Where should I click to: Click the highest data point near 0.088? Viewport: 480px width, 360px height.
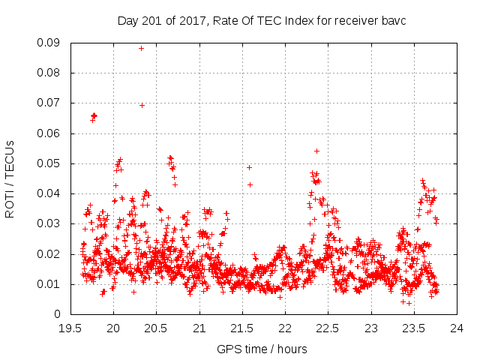tap(141, 48)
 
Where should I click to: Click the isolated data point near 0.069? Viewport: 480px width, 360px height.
tap(142, 105)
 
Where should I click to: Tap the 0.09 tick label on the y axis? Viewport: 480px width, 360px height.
tap(50, 43)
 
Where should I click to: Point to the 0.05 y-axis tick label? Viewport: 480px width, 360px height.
tap(50, 163)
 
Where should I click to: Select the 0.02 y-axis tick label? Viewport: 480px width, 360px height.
tap(50, 253)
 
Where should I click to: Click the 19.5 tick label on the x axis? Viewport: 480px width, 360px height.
tap(70, 328)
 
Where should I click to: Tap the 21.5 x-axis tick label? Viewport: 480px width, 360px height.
tap(242, 328)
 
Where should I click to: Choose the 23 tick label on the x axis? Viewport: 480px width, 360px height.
tap(371, 328)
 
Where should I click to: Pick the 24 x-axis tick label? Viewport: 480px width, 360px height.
tap(457, 328)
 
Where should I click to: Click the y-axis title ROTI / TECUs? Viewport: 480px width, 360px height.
tap(10, 178)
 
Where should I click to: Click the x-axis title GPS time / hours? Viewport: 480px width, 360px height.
tap(262, 349)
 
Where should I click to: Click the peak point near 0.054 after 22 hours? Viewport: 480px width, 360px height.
tap(316, 151)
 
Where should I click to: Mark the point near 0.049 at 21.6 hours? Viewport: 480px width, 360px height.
tap(249, 167)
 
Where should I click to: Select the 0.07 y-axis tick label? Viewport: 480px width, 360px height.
tap(50, 103)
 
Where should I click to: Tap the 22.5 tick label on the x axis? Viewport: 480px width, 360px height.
tap(328, 328)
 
